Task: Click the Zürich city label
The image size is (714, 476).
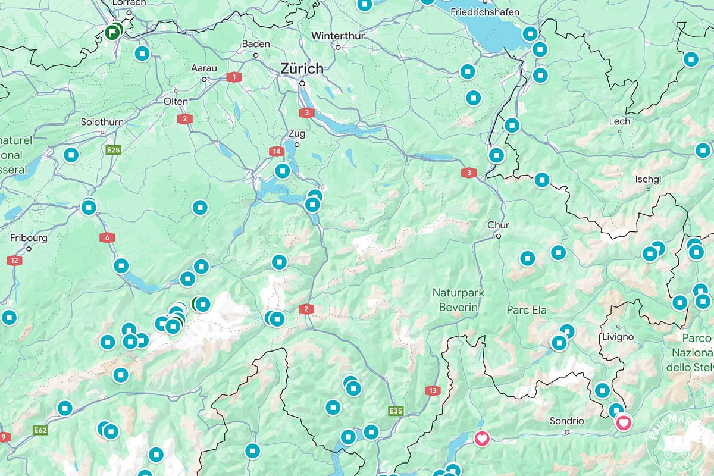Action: click(302, 68)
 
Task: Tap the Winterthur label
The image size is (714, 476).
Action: click(337, 35)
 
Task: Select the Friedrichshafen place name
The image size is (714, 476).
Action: click(485, 12)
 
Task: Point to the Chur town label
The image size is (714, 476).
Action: click(498, 226)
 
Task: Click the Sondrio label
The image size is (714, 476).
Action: click(566, 421)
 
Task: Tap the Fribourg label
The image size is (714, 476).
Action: click(29, 238)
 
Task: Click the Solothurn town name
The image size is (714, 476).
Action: click(102, 122)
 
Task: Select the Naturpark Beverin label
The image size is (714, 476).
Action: click(459, 300)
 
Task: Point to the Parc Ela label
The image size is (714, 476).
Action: click(526, 310)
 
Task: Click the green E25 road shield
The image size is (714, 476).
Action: click(114, 150)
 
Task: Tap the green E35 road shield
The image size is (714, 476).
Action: click(395, 411)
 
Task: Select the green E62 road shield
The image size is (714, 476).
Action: click(41, 430)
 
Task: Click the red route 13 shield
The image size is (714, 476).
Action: click(433, 391)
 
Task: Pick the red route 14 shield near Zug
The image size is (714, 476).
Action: click(276, 151)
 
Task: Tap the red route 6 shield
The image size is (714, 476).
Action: click(107, 237)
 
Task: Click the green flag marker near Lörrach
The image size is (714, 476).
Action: click(112, 32)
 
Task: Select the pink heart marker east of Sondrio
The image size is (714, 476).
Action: click(624, 423)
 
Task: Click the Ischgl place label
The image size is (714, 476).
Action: click(648, 178)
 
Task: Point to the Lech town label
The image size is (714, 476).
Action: click(619, 121)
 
